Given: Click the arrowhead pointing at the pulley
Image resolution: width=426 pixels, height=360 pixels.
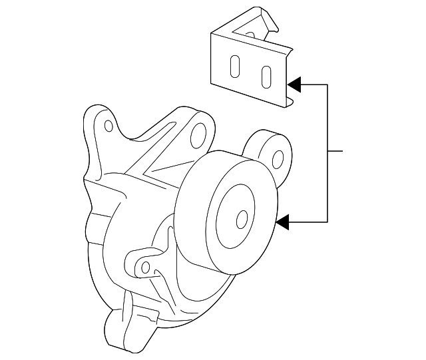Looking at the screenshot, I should pyautogui.click(x=283, y=222).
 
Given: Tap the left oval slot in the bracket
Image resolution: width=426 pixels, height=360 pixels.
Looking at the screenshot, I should pyautogui.click(x=236, y=67).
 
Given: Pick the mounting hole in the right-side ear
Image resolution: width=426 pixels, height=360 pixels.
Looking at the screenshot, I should pyautogui.click(x=278, y=158).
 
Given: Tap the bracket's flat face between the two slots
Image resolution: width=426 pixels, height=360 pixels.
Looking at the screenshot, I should pyautogui.click(x=251, y=71).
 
